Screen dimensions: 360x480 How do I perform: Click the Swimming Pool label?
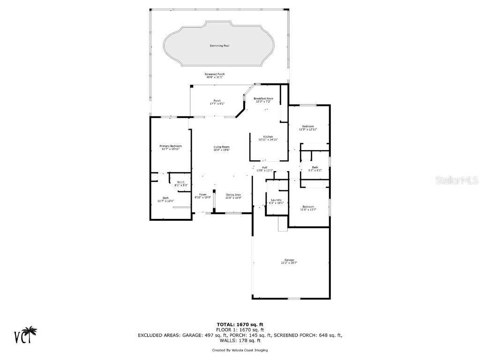[x=219, y=46]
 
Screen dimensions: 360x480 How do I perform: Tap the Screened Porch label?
[x=215, y=74]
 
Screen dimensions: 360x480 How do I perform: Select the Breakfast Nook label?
[x=263, y=98]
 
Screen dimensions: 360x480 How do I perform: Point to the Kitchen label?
[x=268, y=137]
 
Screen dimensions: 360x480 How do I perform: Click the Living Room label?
[x=222, y=147]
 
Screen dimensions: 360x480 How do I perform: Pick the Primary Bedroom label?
[x=171, y=146]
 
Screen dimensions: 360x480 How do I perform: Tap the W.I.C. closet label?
[x=181, y=182]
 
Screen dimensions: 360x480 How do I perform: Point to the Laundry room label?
[x=276, y=200]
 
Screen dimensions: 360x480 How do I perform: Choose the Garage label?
[x=289, y=260]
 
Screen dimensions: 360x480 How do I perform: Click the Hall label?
[x=265, y=167]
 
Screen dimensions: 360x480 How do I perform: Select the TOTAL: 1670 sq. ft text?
[x=240, y=324]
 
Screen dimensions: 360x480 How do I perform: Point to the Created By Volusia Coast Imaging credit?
[x=240, y=350]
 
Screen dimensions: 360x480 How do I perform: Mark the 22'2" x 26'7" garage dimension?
[x=289, y=263]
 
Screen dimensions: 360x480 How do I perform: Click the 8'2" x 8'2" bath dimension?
[x=315, y=171]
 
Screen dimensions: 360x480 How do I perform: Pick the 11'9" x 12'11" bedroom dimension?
[x=308, y=129]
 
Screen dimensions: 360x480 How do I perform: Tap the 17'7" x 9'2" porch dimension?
[x=217, y=104]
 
